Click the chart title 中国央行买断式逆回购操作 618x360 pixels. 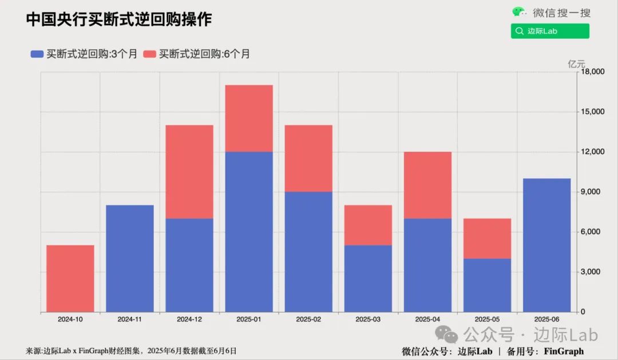[119, 19]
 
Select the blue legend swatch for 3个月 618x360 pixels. [37, 54]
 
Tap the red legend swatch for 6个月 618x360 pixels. [150, 54]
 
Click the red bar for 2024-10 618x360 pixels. [70, 279]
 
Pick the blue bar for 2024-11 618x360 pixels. [130, 259]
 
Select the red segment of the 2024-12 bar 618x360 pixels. [189, 172]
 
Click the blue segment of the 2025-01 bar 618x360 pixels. [249, 232]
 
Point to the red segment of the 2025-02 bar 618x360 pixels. [308, 159]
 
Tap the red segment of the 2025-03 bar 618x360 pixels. [368, 225]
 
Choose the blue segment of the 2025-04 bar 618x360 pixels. [427, 265]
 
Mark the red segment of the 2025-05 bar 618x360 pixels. [487, 239]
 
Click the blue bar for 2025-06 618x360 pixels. [546, 245]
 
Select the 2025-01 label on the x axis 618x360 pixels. [249, 319]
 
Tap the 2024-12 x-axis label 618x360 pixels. [189, 319]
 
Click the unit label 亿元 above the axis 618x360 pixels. [576, 64]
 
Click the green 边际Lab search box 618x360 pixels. [550, 31]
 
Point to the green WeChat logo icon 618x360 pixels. [519, 12]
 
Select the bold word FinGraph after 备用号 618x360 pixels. [564, 351]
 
